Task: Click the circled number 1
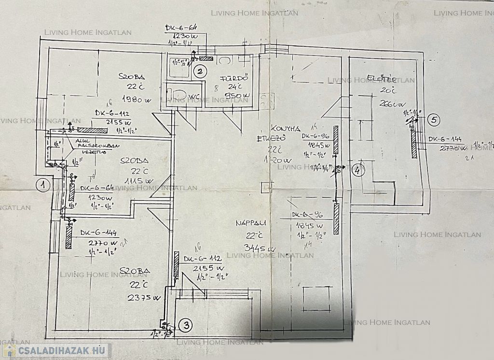coord(43,185)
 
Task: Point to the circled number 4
coord(357,170)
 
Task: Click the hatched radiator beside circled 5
coord(414,144)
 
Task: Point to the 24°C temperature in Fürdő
coord(235,87)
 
